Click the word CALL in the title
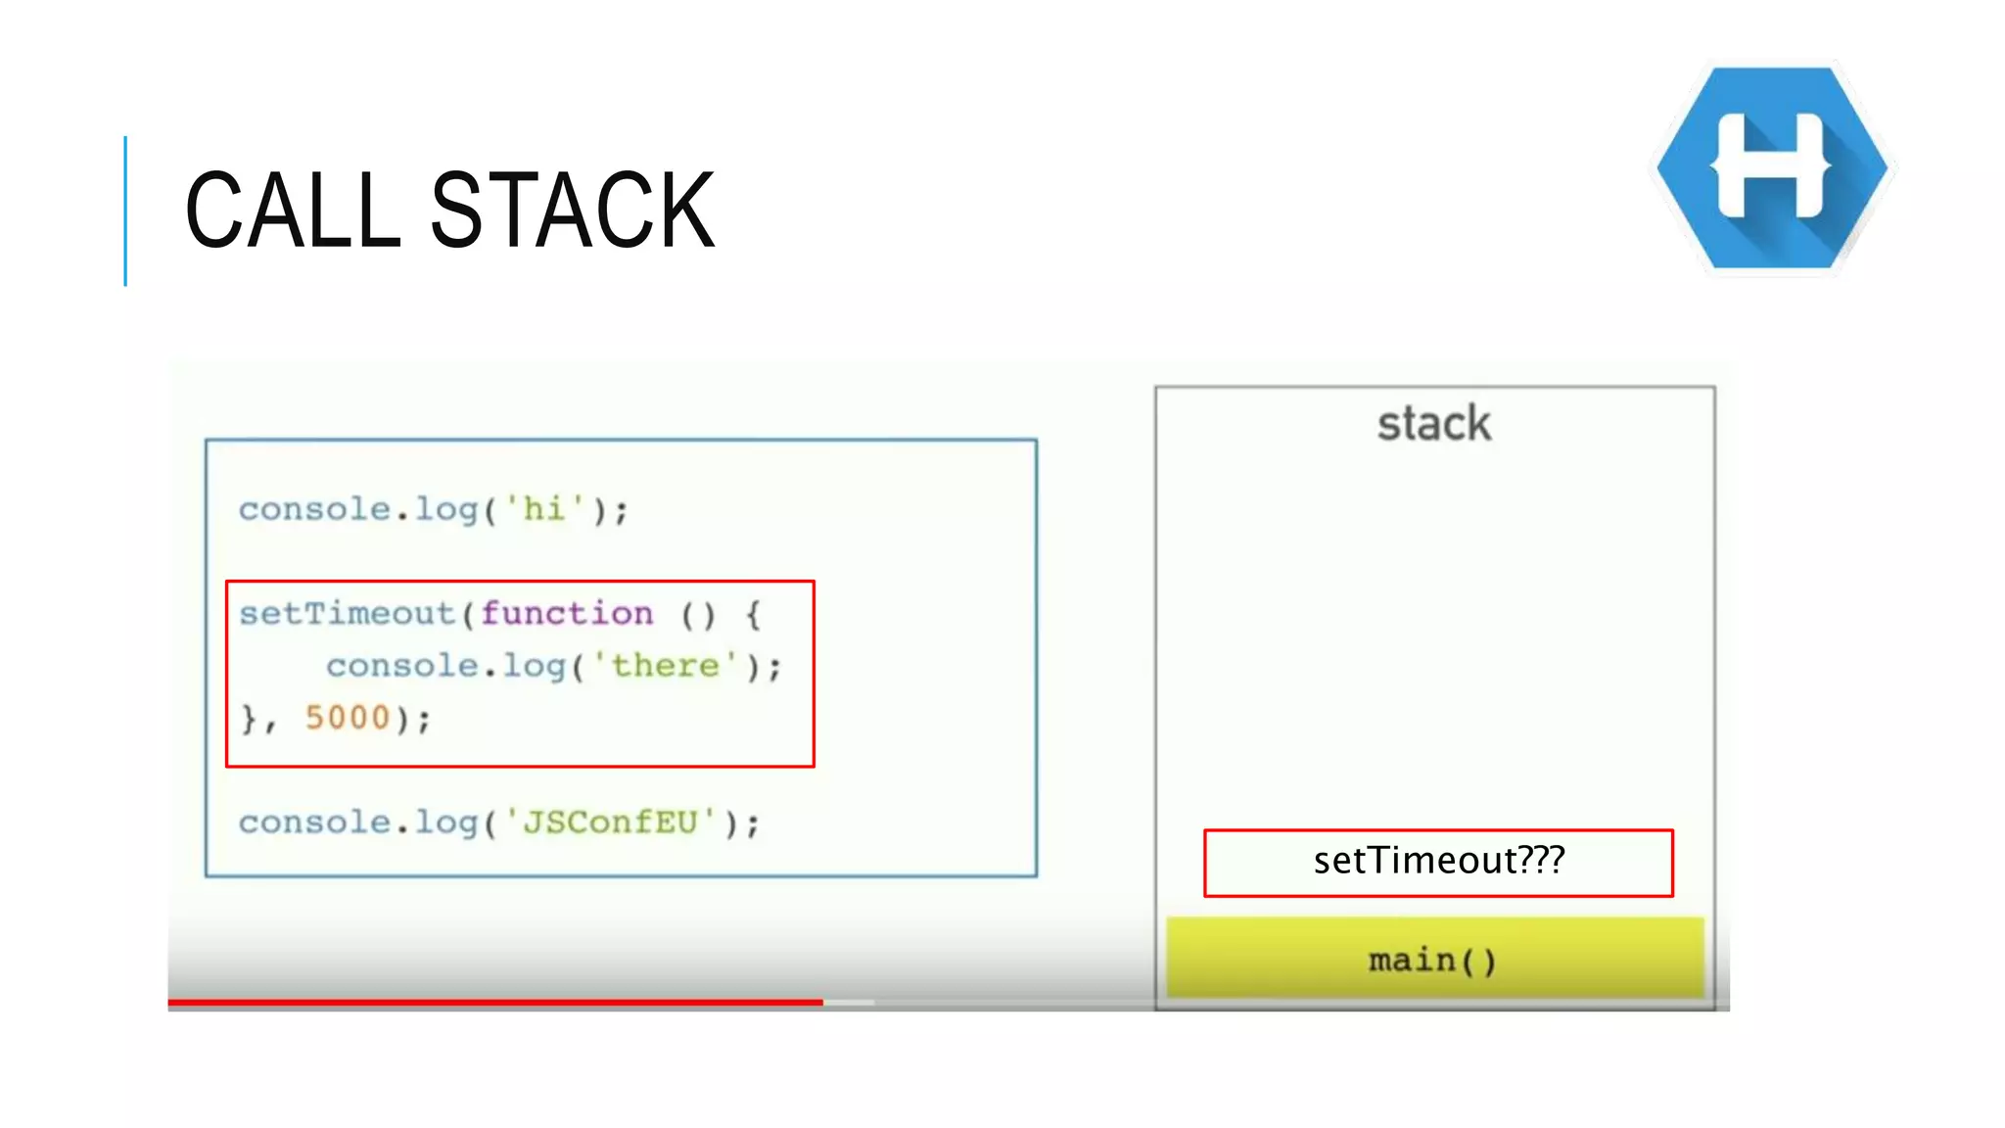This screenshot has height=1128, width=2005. pyautogui.click(x=292, y=210)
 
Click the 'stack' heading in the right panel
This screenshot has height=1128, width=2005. pyautogui.click(x=1433, y=424)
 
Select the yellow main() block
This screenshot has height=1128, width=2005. pyautogui.click(x=1434, y=960)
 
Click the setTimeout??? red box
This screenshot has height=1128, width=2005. pyautogui.click(x=1437, y=863)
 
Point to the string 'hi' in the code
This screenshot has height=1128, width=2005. pyautogui.click(x=544, y=509)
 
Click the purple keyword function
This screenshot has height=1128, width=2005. pyautogui.click(x=566, y=614)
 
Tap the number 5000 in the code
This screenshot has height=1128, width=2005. pyautogui.click(x=348, y=718)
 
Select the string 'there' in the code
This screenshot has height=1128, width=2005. pyautogui.click(x=666, y=666)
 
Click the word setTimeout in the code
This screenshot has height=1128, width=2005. pyautogui.click(x=347, y=614)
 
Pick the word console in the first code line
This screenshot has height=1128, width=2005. pyautogui.click(x=314, y=509)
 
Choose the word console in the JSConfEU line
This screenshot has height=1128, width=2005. pyautogui.click(x=314, y=822)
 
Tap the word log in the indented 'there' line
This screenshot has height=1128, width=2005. pyautogui.click(x=534, y=666)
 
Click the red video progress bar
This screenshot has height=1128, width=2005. pyautogui.click(x=494, y=1002)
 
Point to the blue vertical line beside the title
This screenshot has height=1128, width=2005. pyautogui.click(x=125, y=211)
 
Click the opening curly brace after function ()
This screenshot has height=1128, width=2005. pyautogui.click(x=752, y=615)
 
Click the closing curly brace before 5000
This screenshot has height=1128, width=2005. pyautogui.click(x=249, y=719)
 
